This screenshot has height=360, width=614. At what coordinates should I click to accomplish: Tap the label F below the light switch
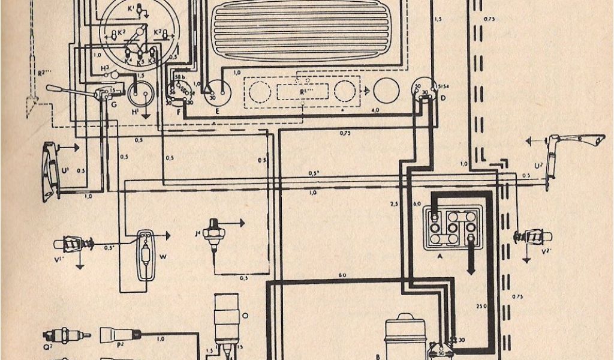[x=179, y=112]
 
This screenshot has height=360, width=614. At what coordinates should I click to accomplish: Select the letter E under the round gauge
[x=216, y=112]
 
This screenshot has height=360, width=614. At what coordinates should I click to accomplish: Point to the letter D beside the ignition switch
[x=443, y=98]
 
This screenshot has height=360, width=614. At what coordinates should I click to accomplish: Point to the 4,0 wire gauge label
[x=375, y=111]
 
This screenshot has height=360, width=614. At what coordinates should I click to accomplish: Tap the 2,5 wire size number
[x=394, y=205]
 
